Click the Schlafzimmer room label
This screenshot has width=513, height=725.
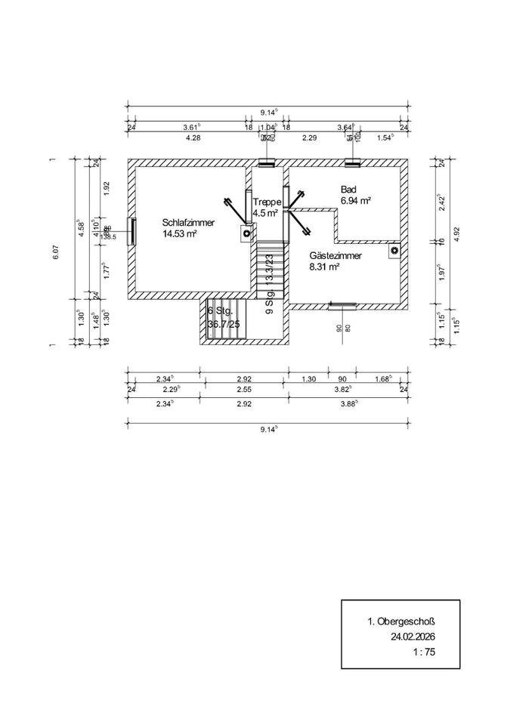click(189, 223)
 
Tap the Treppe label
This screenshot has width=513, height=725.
click(267, 202)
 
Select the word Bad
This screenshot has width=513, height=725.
click(348, 190)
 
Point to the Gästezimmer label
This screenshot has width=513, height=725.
click(335, 256)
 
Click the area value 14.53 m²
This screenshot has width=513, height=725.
click(180, 234)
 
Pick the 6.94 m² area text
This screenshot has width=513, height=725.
click(356, 201)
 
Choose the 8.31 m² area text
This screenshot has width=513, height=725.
click(324, 267)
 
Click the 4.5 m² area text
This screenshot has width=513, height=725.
click(266, 214)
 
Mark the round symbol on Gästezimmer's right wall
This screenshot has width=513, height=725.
click(394, 250)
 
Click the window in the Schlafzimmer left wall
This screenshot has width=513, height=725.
click(131, 231)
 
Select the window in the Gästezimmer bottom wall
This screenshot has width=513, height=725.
click(342, 304)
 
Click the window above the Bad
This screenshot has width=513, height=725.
click(351, 162)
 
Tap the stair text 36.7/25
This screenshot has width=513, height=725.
click(224, 325)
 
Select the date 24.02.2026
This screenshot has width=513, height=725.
click(413, 637)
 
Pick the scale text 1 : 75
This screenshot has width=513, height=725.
click(423, 651)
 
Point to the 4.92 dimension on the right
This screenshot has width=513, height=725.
click(456, 235)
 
